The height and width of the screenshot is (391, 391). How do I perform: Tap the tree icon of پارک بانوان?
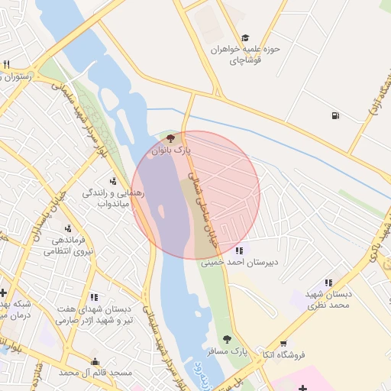170,139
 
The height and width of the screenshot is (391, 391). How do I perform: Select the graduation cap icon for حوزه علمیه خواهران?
245,37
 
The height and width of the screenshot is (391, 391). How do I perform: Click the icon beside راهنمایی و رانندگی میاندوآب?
113,181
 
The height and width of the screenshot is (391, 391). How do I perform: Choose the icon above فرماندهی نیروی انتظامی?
68,228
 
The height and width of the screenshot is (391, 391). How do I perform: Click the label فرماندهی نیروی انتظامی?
68,245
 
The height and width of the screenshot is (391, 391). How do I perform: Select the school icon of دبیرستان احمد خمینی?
240,250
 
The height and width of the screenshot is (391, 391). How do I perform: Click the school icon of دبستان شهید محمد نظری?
328,283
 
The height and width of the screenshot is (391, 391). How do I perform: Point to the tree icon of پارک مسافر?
226,338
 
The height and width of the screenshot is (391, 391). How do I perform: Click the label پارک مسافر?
228,352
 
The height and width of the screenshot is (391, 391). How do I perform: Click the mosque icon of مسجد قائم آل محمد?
95,362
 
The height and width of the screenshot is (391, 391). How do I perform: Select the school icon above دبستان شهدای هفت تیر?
94,297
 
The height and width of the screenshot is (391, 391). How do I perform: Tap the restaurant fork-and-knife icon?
6,64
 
